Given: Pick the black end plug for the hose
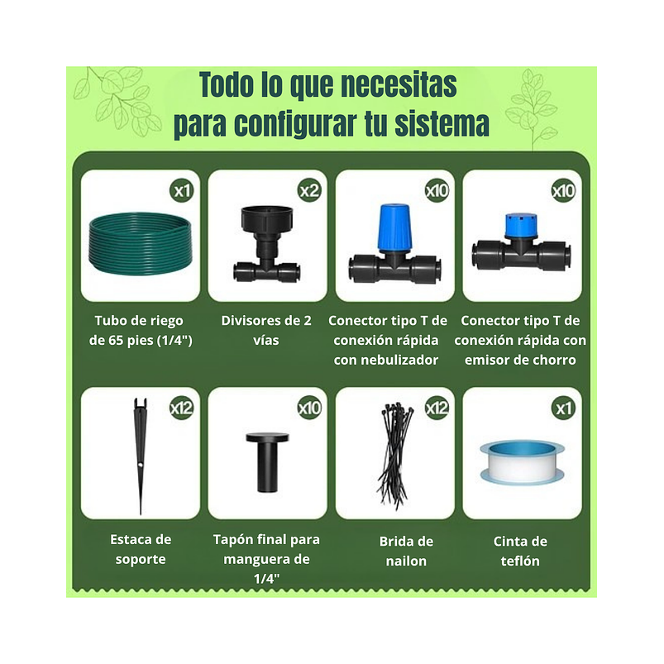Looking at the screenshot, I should [x=267, y=459].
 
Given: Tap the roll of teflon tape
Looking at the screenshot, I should [x=522, y=461].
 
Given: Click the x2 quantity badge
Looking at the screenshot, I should [x=309, y=191].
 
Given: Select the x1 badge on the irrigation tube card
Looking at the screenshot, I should [x=182, y=191].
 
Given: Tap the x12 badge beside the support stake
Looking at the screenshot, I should [x=181, y=408].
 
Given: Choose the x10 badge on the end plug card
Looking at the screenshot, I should [x=309, y=408].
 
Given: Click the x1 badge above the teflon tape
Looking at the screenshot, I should [x=564, y=408].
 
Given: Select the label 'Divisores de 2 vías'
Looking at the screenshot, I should [x=267, y=330].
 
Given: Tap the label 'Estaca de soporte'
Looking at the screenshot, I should [x=141, y=549].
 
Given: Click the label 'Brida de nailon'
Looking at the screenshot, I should [x=406, y=551].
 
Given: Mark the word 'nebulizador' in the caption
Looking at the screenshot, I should [x=386, y=360].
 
